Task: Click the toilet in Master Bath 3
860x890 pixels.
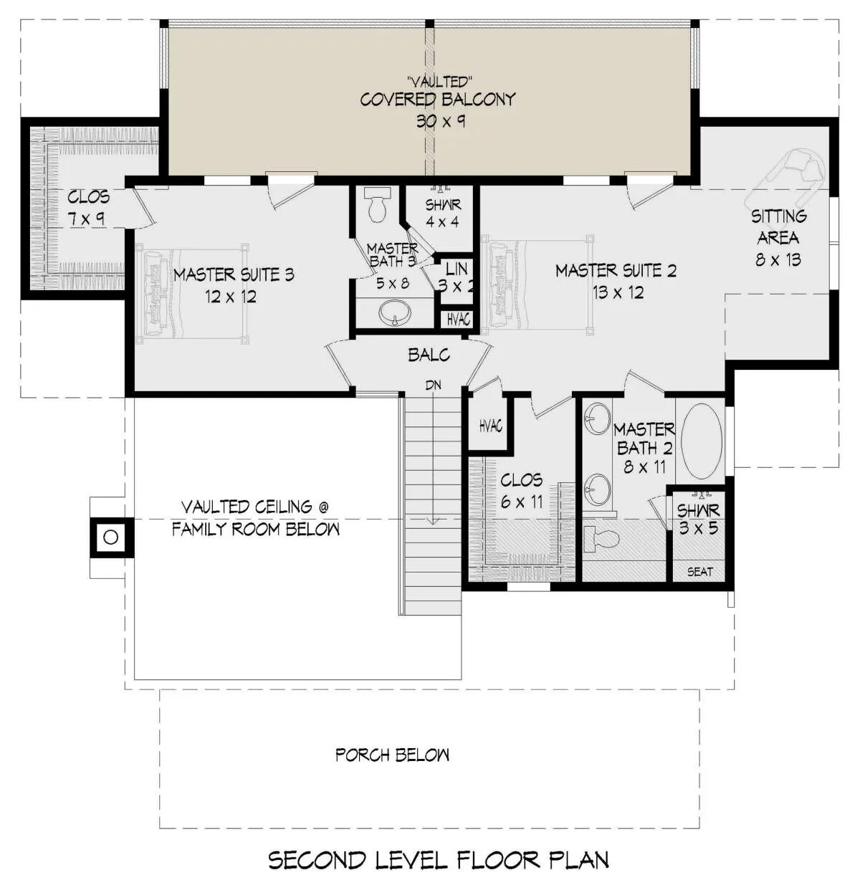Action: pos(377,204)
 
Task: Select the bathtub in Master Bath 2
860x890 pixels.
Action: pos(702,439)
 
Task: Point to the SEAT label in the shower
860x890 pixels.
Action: pos(700,571)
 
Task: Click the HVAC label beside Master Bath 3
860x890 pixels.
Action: pos(459,319)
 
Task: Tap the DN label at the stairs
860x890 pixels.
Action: pos(433,385)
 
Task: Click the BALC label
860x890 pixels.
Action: pos(429,355)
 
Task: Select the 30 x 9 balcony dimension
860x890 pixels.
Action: pos(441,121)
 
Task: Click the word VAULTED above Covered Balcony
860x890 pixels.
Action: pos(439,82)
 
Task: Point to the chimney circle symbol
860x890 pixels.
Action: pos(110,537)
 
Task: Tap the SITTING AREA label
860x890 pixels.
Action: pos(778,227)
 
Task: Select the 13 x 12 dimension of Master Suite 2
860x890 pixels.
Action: pos(618,292)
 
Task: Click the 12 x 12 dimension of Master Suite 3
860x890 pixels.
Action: pos(231,297)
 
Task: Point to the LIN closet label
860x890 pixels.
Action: pos(457,269)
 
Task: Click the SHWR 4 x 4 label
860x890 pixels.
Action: pos(442,213)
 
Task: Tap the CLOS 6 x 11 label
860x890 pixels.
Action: pos(522,491)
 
